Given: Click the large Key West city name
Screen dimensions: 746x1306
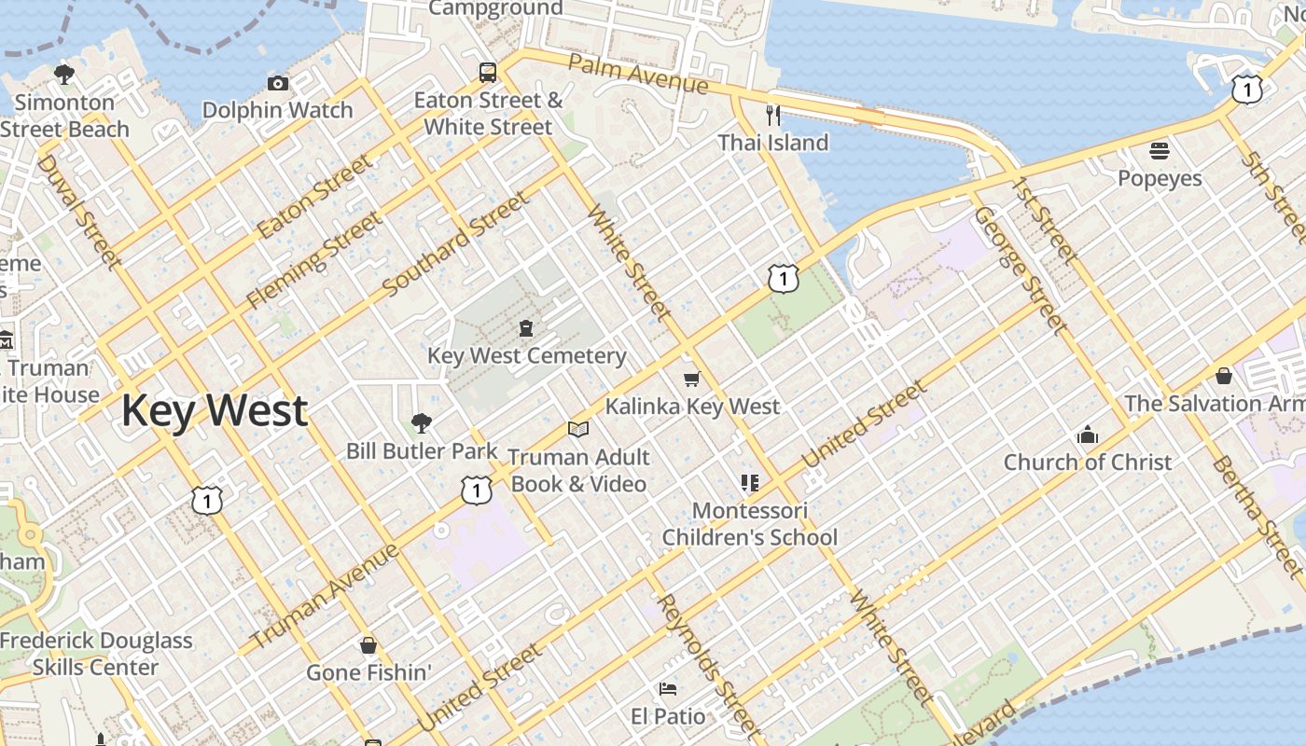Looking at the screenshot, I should pyautogui.click(x=215, y=410).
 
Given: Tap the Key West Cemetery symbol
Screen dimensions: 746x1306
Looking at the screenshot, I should pyautogui.click(x=526, y=328).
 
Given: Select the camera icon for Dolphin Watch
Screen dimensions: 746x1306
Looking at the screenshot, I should pyautogui.click(x=278, y=84).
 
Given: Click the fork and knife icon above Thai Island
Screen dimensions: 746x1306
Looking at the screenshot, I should pyautogui.click(x=772, y=115).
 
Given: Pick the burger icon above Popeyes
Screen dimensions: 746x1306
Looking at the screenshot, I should pyautogui.click(x=1160, y=150).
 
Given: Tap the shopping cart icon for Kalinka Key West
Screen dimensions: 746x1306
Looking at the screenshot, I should pyautogui.click(x=691, y=379).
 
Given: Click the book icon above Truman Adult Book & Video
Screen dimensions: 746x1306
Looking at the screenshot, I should pyautogui.click(x=578, y=429).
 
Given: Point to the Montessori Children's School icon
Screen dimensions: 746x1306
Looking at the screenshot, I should pyautogui.click(x=749, y=483).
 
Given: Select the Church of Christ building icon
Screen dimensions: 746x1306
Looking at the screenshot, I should pyautogui.click(x=1087, y=435).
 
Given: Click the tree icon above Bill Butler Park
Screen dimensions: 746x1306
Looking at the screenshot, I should pyautogui.click(x=422, y=423).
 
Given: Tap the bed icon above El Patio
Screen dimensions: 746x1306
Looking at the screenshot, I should pyautogui.click(x=668, y=689).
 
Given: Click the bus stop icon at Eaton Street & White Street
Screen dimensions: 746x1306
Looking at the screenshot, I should pyautogui.click(x=488, y=72).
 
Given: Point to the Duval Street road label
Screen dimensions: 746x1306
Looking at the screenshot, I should pyautogui.click(x=79, y=212).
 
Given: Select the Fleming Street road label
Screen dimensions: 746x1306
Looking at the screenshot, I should pyautogui.click(x=313, y=260).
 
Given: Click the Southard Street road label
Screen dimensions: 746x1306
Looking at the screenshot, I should pyautogui.click(x=456, y=243).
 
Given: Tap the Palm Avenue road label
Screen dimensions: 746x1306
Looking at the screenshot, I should pyautogui.click(x=638, y=74).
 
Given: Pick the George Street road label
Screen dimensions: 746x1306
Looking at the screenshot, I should pyautogui.click(x=1021, y=270).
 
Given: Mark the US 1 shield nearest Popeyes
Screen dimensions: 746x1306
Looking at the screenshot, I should pyautogui.click(x=1246, y=90).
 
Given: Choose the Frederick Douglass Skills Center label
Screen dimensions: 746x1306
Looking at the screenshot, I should pyautogui.click(x=96, y=654).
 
